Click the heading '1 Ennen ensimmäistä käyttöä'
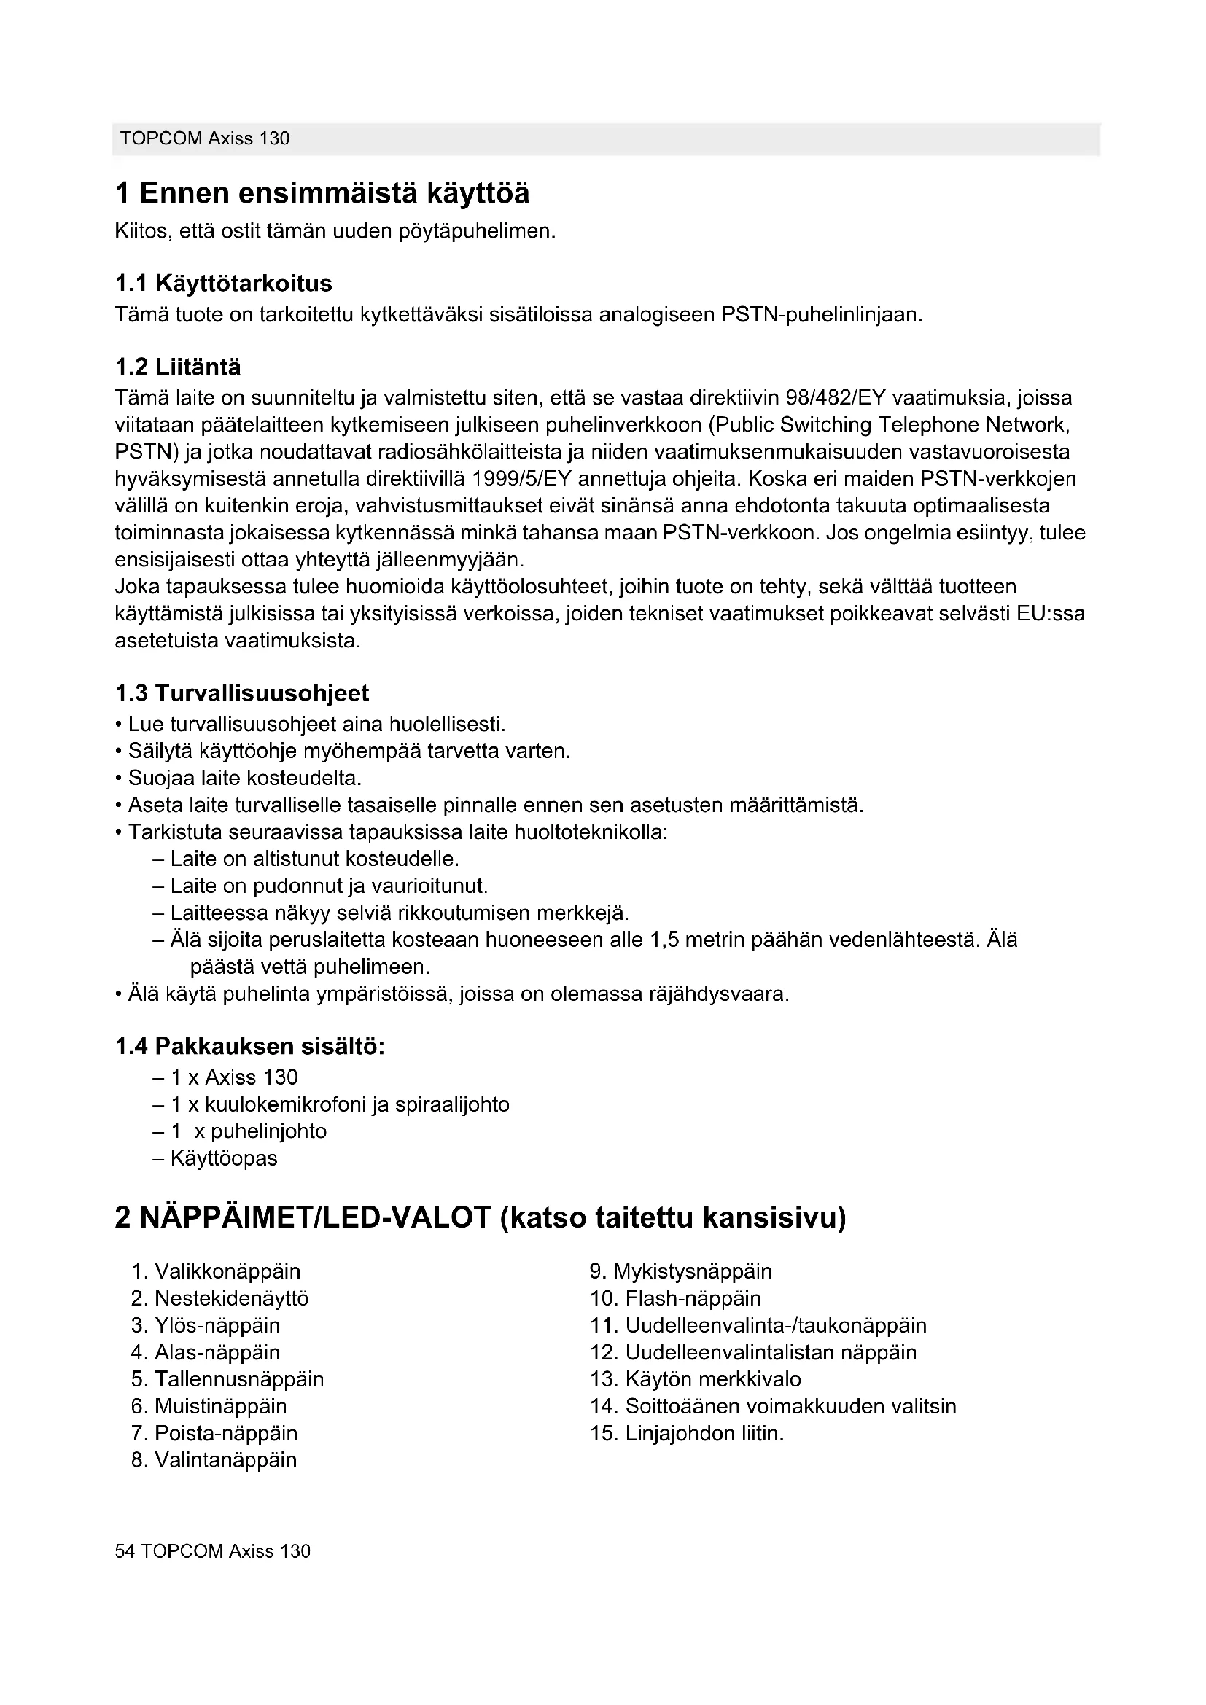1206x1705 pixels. coord(322,194)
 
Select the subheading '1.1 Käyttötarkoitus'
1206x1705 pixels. coord(224,283)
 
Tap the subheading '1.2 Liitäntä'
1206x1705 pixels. coord(178,367)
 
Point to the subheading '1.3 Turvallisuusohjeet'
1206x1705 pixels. coord(242,692)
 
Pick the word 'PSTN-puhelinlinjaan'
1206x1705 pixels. coord(821,315)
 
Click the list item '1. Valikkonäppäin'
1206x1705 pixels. coord(216,1271)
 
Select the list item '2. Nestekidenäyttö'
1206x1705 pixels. coord(219,1298)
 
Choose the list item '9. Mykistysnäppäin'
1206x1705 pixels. coord(681,1271)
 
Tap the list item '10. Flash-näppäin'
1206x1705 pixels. coord(676,1298)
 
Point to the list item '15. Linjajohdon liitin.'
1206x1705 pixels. coord(687,1433)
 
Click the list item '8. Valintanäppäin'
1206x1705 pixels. coord(214,1460)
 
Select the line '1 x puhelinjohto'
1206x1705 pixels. coord(249,1131)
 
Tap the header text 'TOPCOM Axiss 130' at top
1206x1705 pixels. coord(205,139)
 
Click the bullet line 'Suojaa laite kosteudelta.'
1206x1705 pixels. coord(244,779)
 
